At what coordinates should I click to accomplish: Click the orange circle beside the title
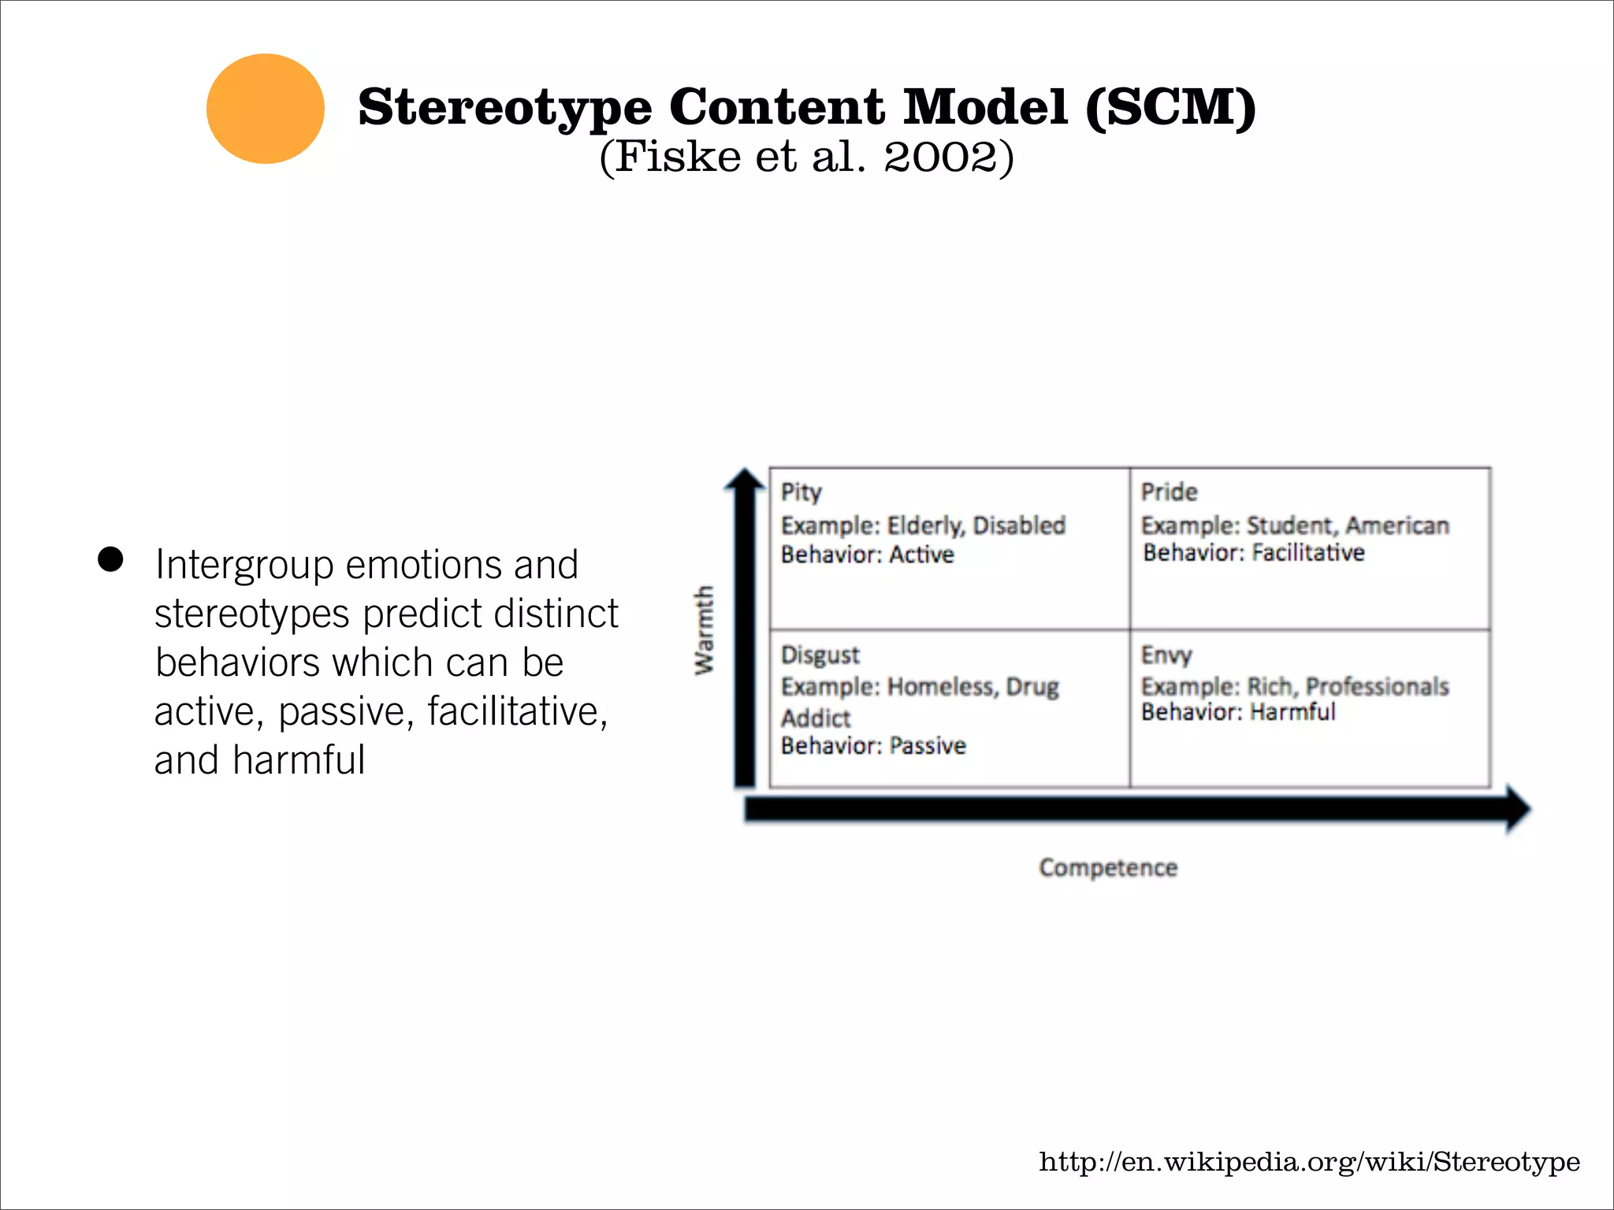[x=266, y=109]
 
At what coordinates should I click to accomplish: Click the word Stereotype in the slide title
[x=504, y=108]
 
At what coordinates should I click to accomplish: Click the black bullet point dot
[x=111, y=559]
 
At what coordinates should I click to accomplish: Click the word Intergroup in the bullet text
[x=244, y=566]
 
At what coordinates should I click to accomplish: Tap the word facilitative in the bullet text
[x=517, y=711]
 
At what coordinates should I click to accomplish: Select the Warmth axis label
[x=704, y=629]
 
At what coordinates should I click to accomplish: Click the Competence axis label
[x=1108, y=867]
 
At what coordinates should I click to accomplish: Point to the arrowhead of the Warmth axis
[x=745, y=480]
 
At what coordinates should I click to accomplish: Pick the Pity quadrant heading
[x=801, y=492]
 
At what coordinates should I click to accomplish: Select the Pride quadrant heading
[x=1170, y=492]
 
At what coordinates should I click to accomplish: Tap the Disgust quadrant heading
[x=820, y=655]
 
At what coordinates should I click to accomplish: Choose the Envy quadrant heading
[x=1166, y=655]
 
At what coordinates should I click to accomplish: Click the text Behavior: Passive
[x=873, y=745]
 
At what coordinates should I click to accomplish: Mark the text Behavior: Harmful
[x=1238, y=712]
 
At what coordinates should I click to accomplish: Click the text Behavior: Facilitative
[x=1254, y=553]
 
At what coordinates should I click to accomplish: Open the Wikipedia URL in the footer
[x=1309, y=1162]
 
